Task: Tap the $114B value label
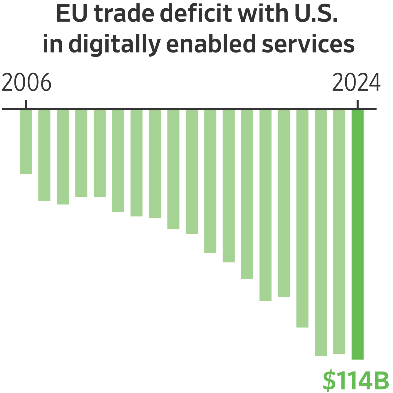pos(356,381)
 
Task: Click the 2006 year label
pos(26,83)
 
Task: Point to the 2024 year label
pos(356,83)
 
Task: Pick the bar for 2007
pos(45,155)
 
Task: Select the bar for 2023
pos(339,232)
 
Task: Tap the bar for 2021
pos(302,218)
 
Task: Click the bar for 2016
pos(210,181)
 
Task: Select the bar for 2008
pos(63,157)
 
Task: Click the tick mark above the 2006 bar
pos(26,104)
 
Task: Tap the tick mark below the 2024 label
pos(357,104)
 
